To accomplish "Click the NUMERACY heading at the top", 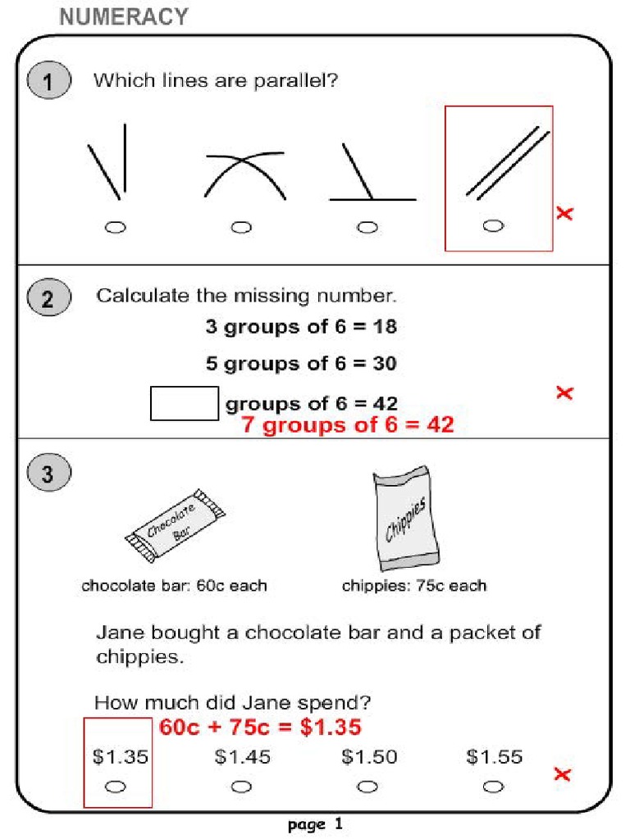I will point(124,16).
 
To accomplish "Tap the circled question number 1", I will point(48,82).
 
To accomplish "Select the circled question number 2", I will point(48,299).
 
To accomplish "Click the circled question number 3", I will point(48,474).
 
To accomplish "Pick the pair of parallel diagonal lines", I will point(506,162).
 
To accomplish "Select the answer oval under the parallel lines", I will point(493,226).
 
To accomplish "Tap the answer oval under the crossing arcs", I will point(241,227).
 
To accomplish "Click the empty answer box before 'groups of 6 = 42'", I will point(185,403).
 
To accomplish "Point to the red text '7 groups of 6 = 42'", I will point(347,425).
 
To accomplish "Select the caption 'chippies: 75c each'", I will point(413,586).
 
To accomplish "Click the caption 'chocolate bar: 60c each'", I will point(174,586).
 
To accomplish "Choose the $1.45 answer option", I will point(242,757).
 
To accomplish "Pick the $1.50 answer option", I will point(368,757).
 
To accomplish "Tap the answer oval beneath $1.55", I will point(493,787).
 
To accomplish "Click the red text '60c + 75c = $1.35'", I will point(260,728).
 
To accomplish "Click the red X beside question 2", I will point(564,392).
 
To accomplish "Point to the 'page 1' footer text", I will point(315,824).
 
